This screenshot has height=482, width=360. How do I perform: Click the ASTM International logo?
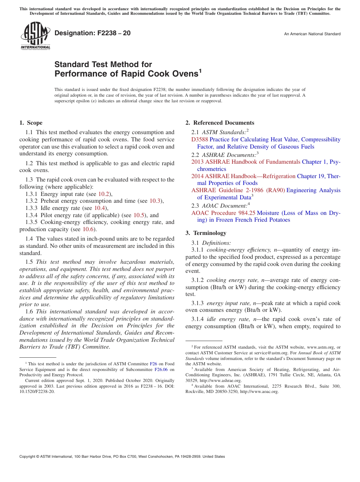click(35, 36)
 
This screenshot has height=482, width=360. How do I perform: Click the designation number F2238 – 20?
click(92, 33)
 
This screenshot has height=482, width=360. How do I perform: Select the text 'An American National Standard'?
click(312, 34)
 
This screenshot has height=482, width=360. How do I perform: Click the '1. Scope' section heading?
click(31, 123)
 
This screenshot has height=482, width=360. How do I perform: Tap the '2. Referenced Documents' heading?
click(220, 123)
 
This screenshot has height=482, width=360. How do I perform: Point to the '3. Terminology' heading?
click(206, 233)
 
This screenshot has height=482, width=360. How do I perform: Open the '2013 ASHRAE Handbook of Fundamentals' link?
click(246, 162)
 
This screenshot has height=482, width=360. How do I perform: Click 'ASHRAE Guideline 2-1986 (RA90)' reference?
click(238, 190)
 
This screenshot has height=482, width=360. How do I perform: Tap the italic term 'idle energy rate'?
click(226, 319)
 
